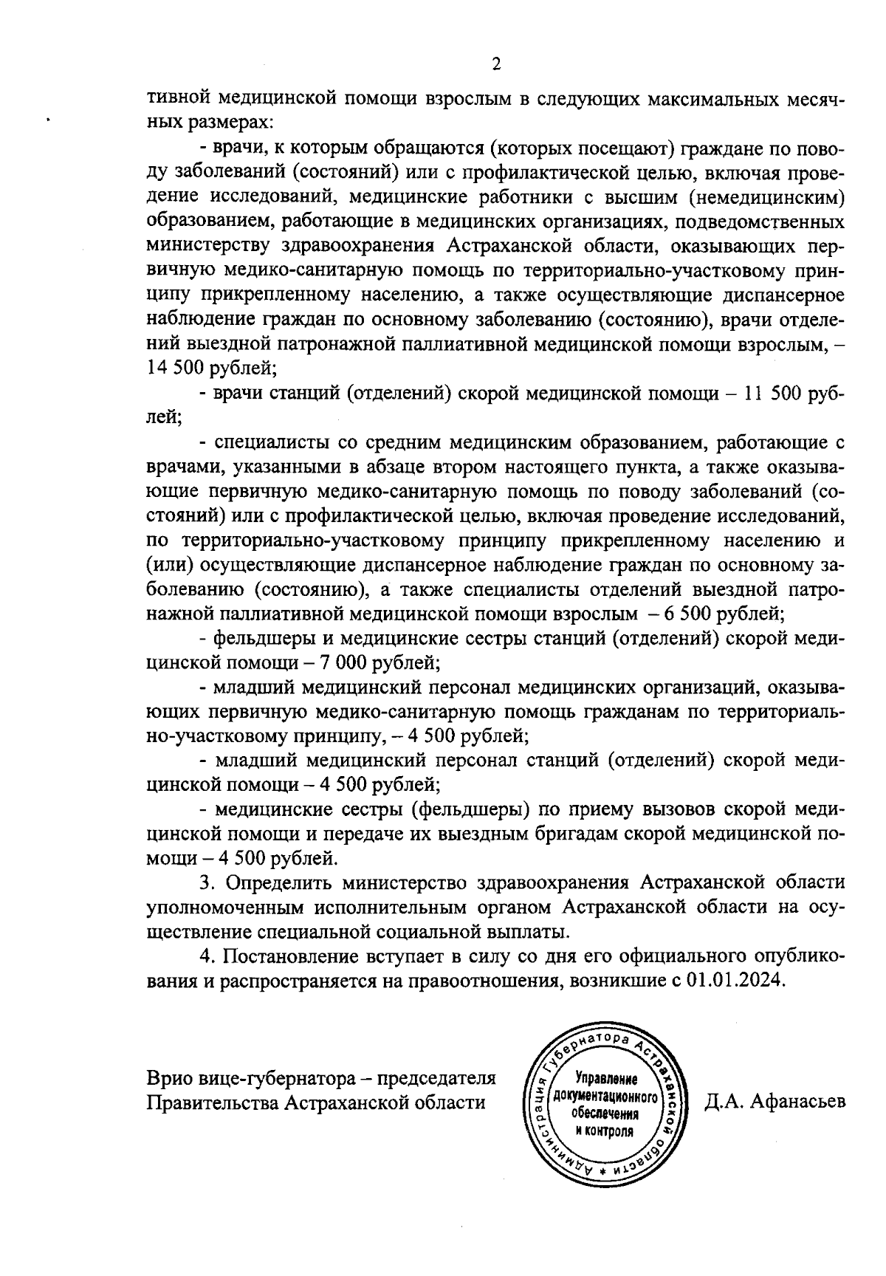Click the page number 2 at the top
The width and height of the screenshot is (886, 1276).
point(496,65)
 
